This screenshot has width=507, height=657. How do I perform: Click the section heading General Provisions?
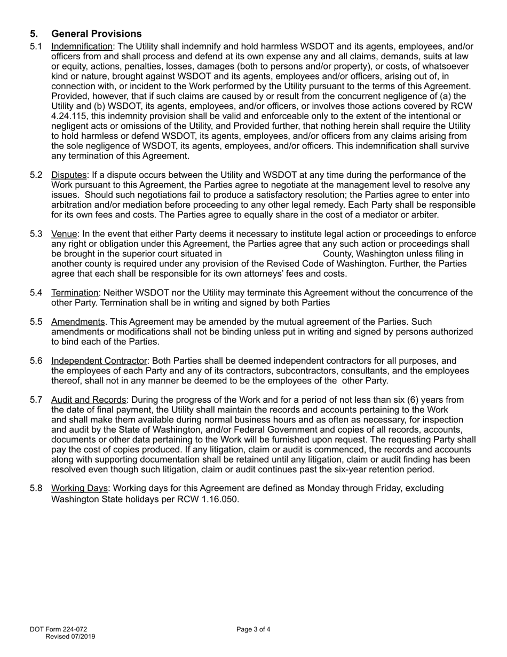point(97,34)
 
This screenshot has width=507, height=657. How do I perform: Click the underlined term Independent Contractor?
point(99,361)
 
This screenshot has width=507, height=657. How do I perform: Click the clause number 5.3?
point(36,234)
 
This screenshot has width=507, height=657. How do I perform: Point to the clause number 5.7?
point(36,400)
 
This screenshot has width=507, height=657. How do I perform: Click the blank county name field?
point(272,254)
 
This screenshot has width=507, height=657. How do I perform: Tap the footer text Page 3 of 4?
point(253,629)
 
